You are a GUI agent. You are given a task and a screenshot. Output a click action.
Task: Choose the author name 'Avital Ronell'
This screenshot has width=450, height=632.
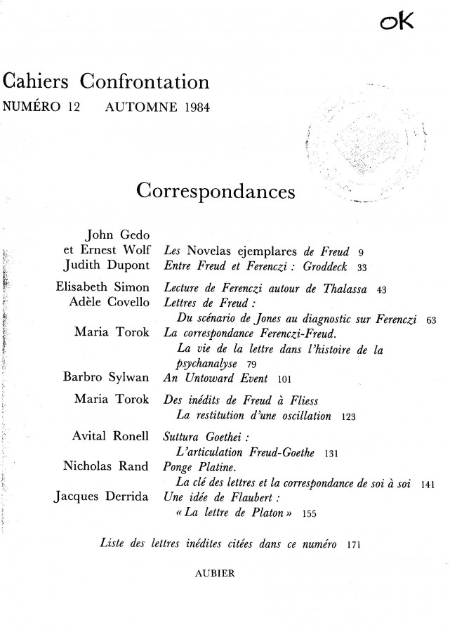(110, 436)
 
